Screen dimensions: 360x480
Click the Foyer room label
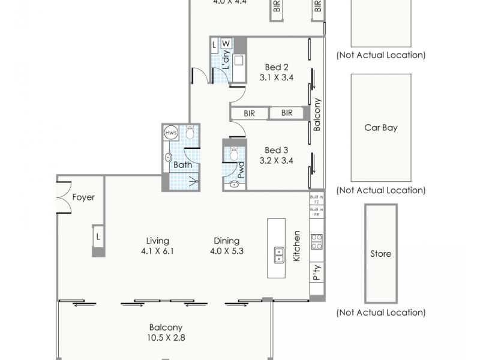click(x=83, y=197)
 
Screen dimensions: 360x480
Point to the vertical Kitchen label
click(x=296, y=247)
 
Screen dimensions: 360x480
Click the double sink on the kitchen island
click(x=279, y=255)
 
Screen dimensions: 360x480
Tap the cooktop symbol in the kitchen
click(x=316, y=241)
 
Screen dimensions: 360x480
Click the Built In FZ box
click(x=316, y=199)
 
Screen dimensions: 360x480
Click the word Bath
click(x=182, y=164)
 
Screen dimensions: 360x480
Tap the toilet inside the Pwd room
click(x=233, y=154)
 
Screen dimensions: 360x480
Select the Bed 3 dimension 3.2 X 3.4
click(x=277, y=160)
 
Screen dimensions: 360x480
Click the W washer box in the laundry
click(x=226, y=44)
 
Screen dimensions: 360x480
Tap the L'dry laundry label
click(x=226, y=61)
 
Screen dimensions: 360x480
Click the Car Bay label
click(x=381, y=127)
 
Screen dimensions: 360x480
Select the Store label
click(x=381, y=253)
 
